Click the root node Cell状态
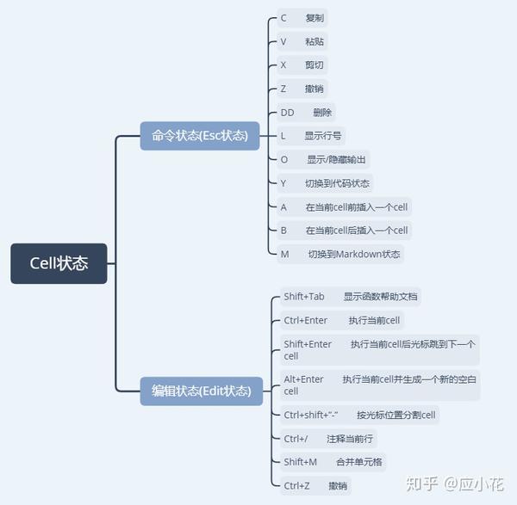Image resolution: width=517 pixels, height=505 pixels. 59,263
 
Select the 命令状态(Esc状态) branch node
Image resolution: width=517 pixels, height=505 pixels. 200,135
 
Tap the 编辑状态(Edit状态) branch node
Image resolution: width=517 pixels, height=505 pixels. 202,391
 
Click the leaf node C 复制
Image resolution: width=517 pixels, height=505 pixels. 302,18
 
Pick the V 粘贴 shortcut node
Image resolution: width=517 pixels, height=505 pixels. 302,41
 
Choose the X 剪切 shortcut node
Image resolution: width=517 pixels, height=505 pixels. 302,65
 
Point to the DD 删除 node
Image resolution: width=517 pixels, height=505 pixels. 306,112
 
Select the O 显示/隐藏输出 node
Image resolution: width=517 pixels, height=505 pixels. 322,159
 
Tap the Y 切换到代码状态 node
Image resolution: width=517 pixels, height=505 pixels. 324,182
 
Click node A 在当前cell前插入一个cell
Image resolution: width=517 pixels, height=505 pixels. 344,206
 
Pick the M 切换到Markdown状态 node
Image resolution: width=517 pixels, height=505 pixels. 340,254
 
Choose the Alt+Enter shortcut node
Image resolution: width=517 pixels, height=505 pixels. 378,385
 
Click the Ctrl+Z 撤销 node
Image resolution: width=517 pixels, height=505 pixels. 315,486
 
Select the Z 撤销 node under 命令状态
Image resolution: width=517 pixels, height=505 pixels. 302,89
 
